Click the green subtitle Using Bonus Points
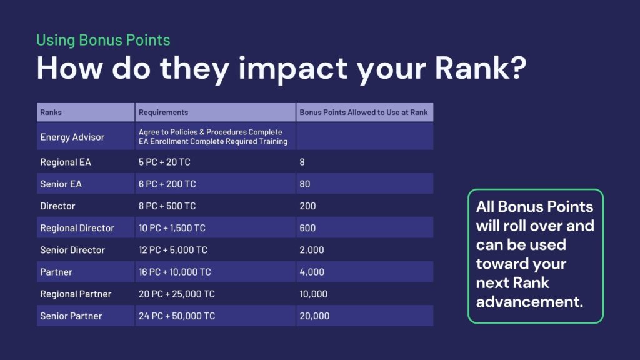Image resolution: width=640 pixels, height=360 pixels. (x=103, y=40)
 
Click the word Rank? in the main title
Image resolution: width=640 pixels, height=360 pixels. (x=481, y=67)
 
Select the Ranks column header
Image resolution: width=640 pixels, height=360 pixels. (x=51, y=112)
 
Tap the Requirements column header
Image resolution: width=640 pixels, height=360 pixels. (x=163, y=112)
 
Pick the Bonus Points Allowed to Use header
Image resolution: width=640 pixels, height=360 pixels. (x=364, y=112)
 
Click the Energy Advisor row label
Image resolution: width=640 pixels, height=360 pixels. (x=72, y=137)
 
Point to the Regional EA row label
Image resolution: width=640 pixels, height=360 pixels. (x=65, y=162)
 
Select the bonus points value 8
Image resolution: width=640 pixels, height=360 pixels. (x=302, y=162)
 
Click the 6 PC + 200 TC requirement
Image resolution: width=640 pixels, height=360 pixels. (x=167, y=184)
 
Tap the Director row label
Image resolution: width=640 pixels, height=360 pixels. (x=57, y=206)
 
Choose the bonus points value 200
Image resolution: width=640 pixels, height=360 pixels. (x=307, y=206)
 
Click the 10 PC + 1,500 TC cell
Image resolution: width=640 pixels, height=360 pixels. (x=172, y=228)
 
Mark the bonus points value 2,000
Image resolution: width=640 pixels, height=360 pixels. (x=312, y=250)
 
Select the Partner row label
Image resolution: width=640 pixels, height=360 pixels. (x=56, y=272)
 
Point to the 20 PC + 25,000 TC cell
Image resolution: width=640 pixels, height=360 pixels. (x=177, y=294)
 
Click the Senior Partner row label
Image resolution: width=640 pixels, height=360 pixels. (x=71, y=316)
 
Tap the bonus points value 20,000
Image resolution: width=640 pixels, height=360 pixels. (x=314, y=316)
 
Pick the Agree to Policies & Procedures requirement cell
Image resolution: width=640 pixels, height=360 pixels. (x=213, y=137)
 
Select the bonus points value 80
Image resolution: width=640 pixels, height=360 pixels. (x=305, y=184)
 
